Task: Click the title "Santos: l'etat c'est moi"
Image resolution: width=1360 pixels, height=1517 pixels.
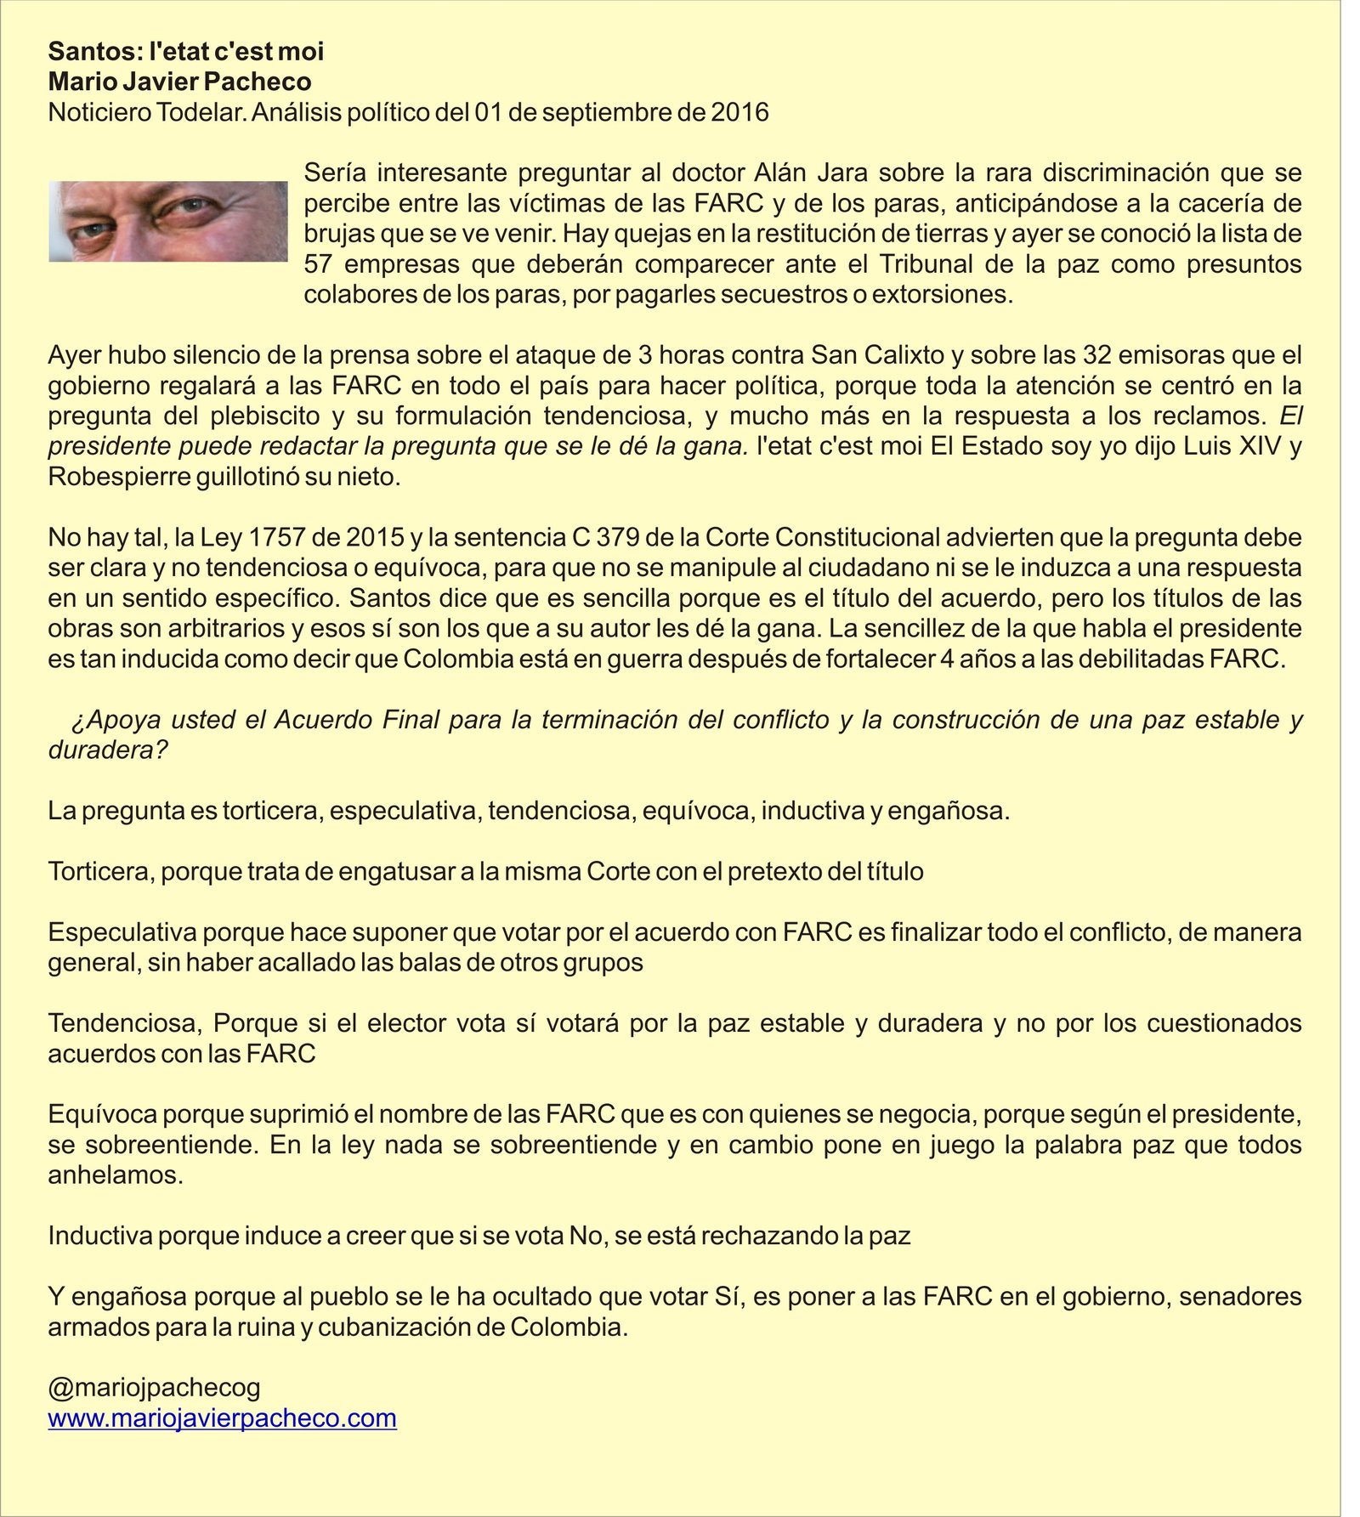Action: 186,52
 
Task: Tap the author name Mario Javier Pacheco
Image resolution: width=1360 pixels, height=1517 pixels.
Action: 179,82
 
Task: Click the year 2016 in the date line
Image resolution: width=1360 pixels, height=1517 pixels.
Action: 739,112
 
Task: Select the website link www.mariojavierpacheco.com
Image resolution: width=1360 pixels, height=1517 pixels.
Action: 222,1418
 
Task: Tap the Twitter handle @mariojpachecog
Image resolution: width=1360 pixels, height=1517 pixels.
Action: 154,1387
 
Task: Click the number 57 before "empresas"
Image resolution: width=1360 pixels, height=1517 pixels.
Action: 317,264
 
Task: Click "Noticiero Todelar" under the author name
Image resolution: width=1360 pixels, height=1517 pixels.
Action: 146,112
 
